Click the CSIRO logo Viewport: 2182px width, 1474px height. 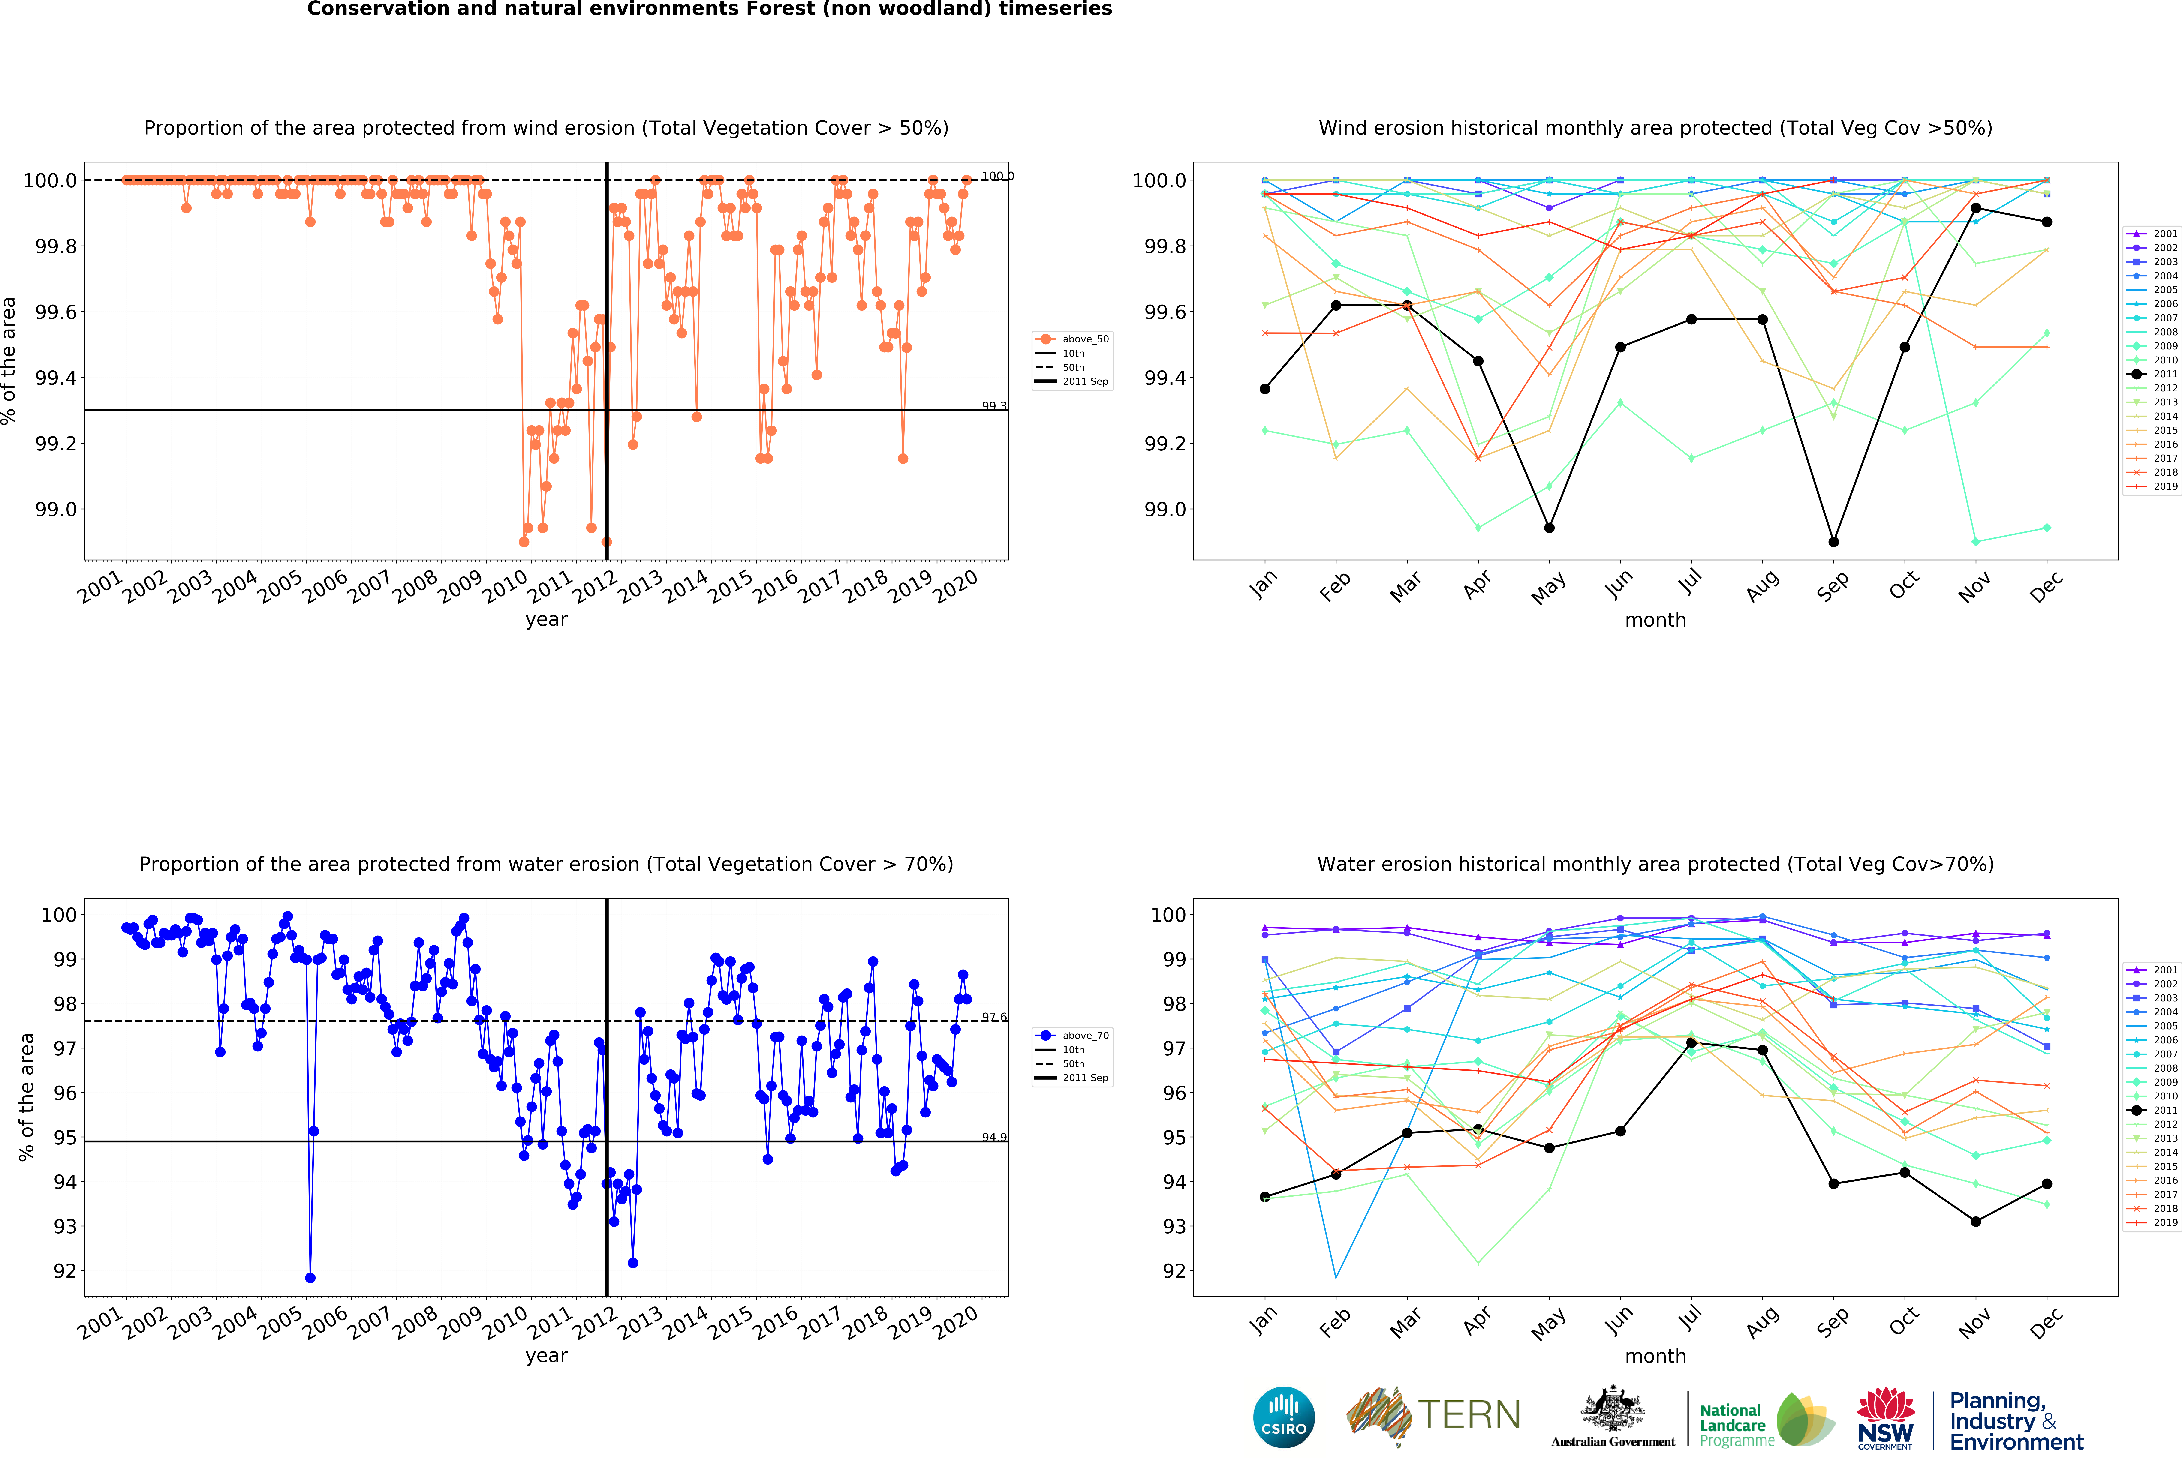click(1283, 1417)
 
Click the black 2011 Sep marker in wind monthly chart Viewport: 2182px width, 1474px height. click(1834, 542)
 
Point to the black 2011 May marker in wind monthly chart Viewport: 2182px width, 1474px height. click(1549, 528)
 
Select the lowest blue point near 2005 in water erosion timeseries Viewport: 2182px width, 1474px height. click(311, 1278)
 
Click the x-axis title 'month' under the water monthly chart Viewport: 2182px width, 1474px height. click(1655, 1356)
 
